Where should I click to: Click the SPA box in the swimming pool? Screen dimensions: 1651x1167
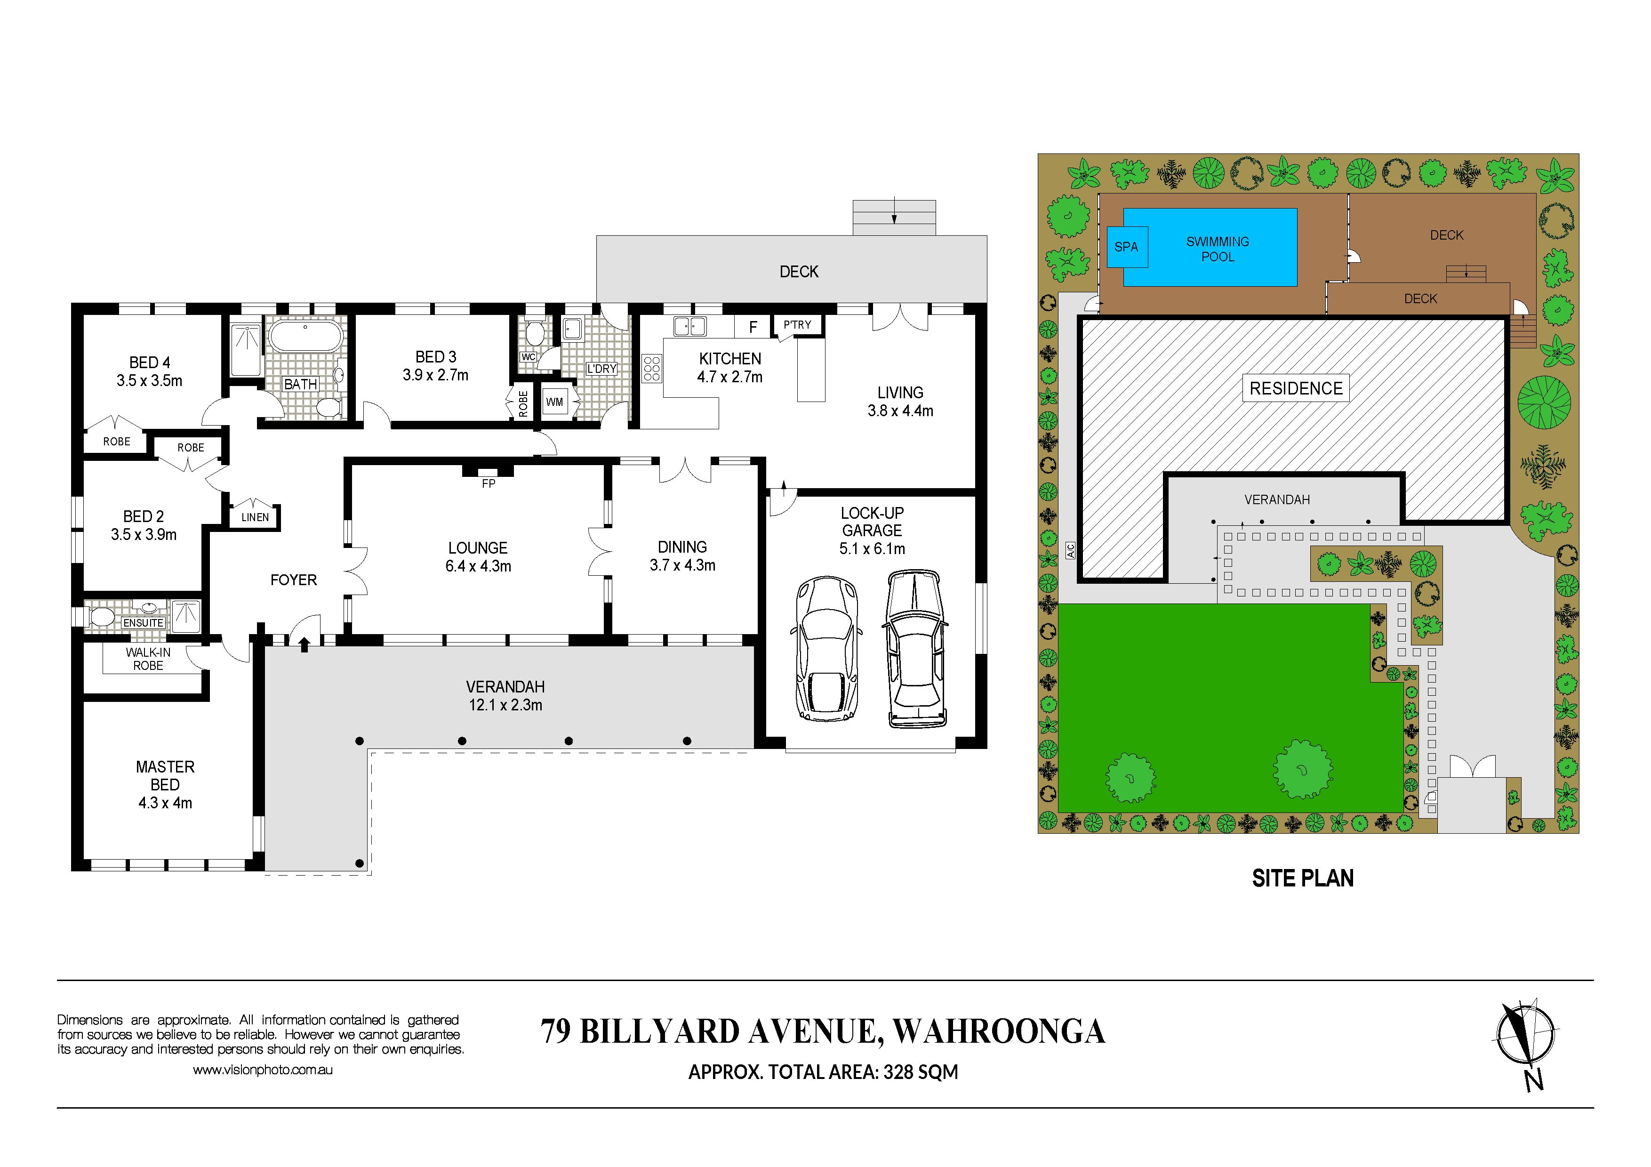coord(1127,247)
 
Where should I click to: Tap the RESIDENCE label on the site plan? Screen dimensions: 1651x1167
coord(1296,388)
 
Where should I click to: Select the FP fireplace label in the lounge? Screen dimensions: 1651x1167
coord(488,484)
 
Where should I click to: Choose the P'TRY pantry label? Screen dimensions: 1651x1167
coord(797,325)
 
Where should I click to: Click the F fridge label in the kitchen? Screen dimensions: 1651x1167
coord(753,327)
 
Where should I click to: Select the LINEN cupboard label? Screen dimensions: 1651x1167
coord(255,517)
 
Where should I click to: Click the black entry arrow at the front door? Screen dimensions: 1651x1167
coord(304,644)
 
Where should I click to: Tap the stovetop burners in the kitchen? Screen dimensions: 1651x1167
coord(652,368)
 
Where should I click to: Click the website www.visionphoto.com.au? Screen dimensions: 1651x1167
coord(263,1070)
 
